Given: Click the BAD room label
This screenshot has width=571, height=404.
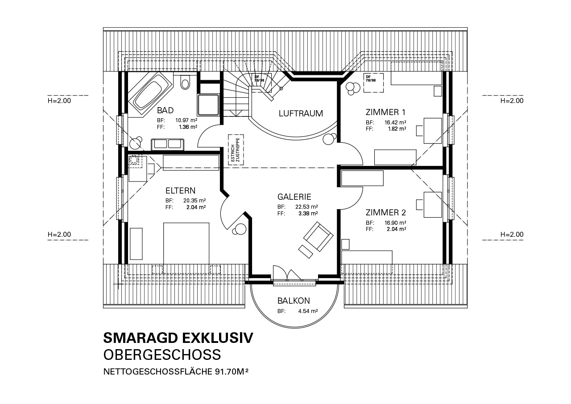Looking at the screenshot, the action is [x=165, y=110].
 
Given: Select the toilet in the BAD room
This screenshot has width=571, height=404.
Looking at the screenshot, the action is [x=185, y=82].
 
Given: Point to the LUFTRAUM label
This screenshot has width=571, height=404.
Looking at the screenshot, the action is [x=301, y=113].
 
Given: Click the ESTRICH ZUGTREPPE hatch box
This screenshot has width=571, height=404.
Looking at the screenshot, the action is [x=236, y=150].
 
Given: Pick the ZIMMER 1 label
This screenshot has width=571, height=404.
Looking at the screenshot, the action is [x=385, y=112].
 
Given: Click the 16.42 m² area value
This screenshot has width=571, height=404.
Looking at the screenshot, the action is [x=395, y=122].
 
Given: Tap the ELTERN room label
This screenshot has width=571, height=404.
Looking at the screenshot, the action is [x=181, y=190].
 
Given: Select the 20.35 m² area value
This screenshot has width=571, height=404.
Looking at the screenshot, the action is [x=194, y=201].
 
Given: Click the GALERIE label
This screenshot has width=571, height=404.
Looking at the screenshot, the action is [x=294, y=197].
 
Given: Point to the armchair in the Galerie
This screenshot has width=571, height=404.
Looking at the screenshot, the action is [x=318, y=236].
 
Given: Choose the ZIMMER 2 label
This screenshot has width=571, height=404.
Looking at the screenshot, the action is [x=386, y=212].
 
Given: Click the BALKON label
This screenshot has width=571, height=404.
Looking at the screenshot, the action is [x=294, y=301].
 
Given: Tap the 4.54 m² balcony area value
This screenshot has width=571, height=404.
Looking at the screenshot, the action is [x=308, y=311].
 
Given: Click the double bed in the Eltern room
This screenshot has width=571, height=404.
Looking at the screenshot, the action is [x=186, y=243].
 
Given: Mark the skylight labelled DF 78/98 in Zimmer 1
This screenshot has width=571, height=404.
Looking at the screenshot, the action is [x=373, y=83].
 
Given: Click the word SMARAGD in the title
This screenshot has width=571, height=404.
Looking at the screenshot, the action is [x=140, y=338].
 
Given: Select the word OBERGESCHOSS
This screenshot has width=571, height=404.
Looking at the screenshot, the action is [x=162, y=355].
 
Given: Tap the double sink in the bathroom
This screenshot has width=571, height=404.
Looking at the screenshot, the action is [x=167, y=144].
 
